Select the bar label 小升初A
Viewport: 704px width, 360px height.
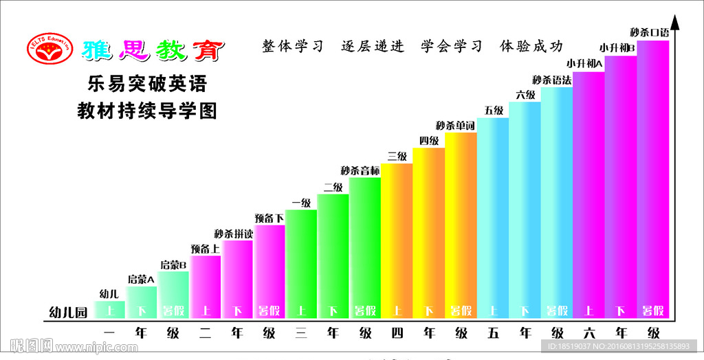[584, 64]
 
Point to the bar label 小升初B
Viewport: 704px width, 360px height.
[617, 48]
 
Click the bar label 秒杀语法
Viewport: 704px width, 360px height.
[552, 80]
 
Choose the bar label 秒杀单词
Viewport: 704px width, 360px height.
[456, 126]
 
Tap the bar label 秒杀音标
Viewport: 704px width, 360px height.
[360, 170]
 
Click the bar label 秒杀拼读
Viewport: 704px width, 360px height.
[234, 234]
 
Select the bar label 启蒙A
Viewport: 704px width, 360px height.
[141, 279]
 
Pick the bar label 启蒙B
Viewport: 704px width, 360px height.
[173, 264]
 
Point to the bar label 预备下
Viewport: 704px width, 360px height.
[269, 218]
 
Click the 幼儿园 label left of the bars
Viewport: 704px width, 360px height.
[69, 312]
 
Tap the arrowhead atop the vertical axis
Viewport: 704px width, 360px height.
[675, 21]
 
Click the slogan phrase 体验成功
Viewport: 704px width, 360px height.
[531, 47]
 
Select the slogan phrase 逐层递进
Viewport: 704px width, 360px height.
[373, 47]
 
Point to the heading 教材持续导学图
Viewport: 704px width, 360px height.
[147, 111]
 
